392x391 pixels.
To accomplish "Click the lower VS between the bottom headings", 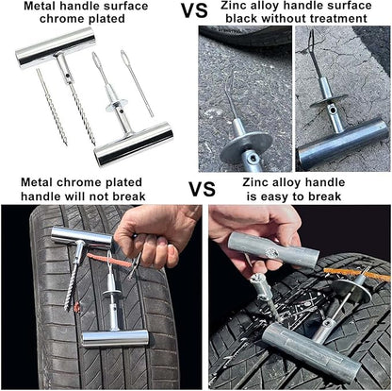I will point(202,187).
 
